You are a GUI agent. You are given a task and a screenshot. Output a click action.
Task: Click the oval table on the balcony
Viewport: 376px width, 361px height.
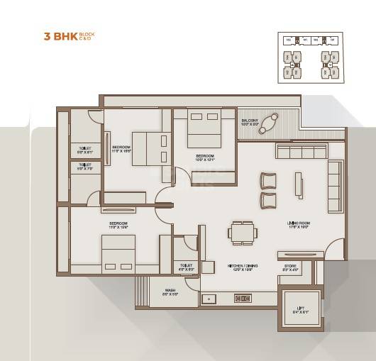pyautogui.click(x=268, y=123)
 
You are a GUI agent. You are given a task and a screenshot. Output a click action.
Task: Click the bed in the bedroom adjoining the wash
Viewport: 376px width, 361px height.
pyautogui.click(x=117, y=253)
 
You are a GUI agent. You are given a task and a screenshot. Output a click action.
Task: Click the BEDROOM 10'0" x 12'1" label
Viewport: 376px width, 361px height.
pyautogui.click(x=205, y=158)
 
